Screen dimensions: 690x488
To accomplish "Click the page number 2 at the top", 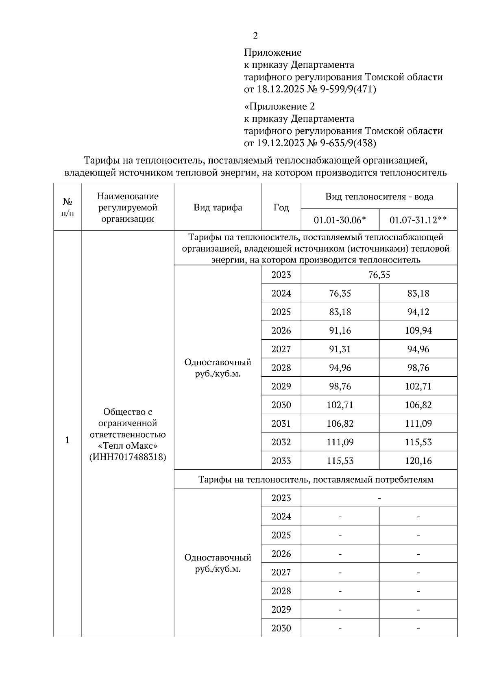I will (x=255, y=36).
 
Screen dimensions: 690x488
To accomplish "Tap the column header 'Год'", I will (x=281, y=207).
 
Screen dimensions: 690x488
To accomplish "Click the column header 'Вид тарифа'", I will (x=218, y=207).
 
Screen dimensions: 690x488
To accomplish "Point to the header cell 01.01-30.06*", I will (x=340, y=220).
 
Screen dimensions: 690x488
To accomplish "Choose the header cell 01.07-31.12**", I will (x=418, y=220).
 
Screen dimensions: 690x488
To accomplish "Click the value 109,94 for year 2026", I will (x=418, y=330).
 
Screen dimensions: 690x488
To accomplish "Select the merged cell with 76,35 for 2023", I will (x=379, y=275).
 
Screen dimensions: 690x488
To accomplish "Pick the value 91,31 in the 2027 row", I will (x=340, y=349).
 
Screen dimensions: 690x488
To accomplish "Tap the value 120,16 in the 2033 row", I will (x=418, y=461).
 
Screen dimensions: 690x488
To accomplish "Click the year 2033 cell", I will (x=281, y=461).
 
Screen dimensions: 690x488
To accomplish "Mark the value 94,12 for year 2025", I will (x=418, y=312).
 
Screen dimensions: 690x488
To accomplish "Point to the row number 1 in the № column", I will (x=68, y=440).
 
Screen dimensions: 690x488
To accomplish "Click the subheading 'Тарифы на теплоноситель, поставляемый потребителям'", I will (x=316, y=480).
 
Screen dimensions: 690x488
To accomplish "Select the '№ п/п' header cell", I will (x=68, y=207).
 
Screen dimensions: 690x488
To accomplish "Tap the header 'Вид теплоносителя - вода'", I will (x=379, y=197).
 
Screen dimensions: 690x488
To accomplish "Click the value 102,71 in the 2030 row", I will (x=340, y=405).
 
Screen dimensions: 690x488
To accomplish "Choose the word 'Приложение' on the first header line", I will (x=272, y=52).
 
